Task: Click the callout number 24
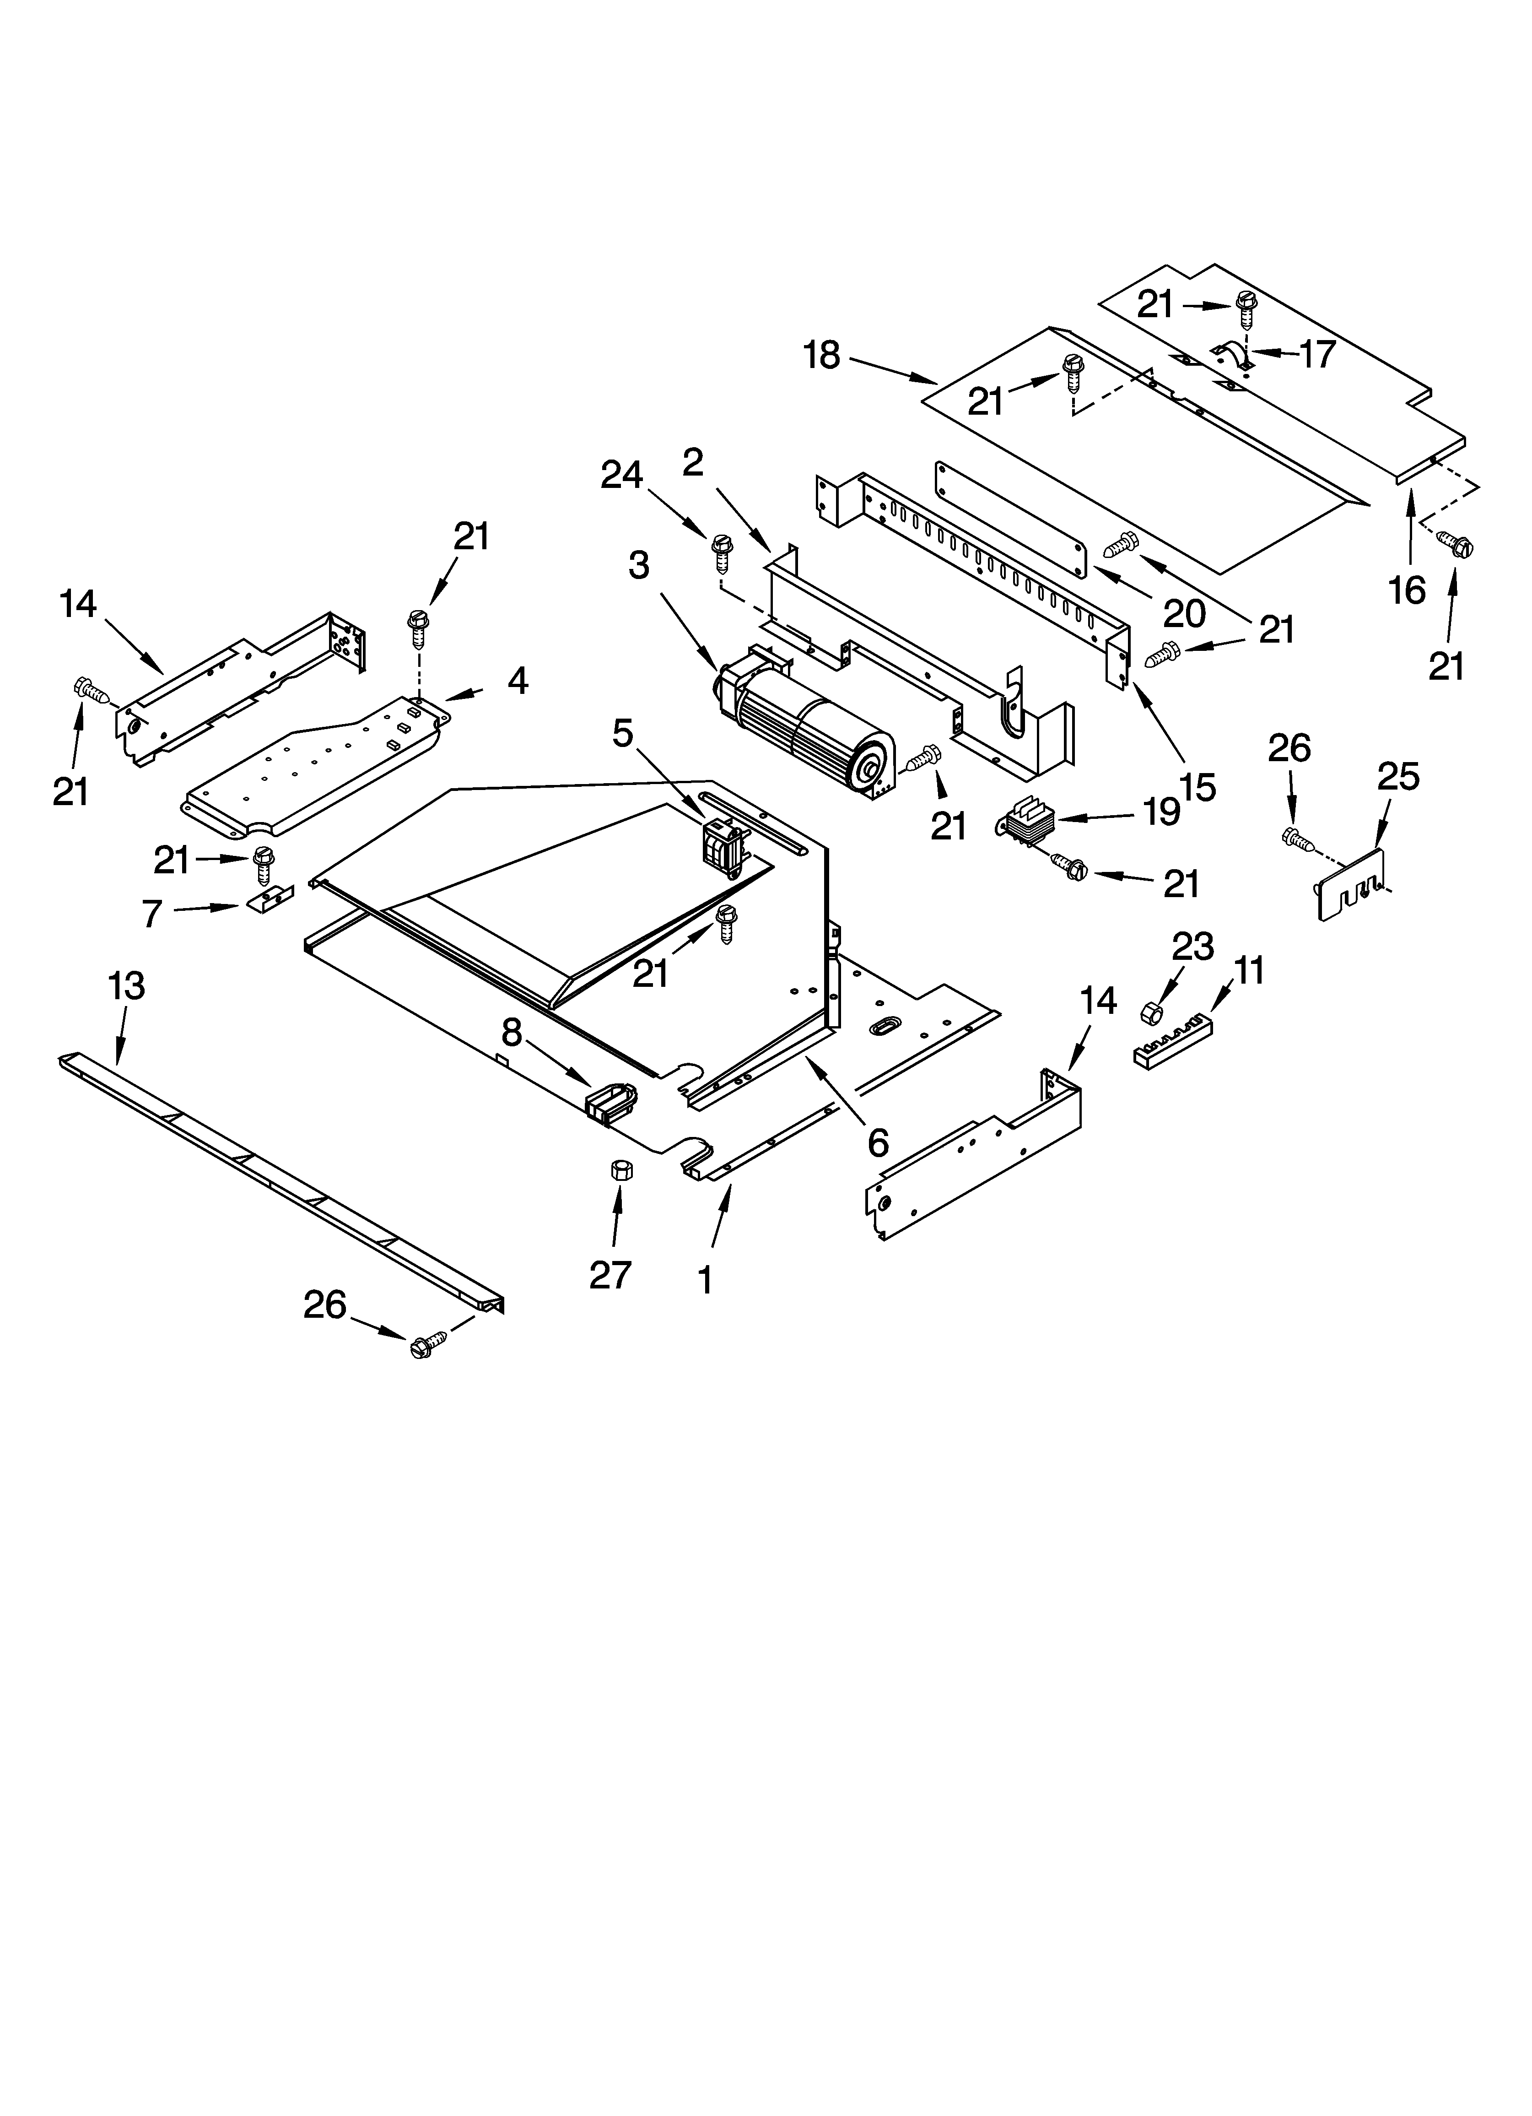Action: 621,476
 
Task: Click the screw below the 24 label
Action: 721,552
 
